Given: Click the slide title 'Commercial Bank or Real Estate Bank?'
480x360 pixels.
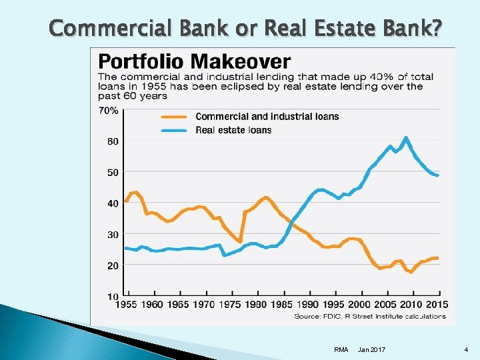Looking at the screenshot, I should click(x=245, y=28).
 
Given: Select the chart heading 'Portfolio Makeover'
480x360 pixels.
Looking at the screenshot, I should click(x=195, y=62).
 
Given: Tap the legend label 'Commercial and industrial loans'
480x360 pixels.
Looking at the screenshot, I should click(x=267, y=117).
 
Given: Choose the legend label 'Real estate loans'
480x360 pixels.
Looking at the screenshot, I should click(x=233, y=130).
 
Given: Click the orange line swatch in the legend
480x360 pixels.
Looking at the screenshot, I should click(x=175, y=117).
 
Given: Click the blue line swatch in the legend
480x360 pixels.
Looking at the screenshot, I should click(x=175, y=130).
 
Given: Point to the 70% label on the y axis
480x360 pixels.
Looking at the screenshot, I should click(x=109, y=110).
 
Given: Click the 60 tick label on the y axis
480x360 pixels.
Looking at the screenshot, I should click(x=113, y=141).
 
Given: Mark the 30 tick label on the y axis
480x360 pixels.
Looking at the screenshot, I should click(x=113, y=234).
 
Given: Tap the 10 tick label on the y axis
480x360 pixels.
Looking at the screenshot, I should click(x=113, y=296).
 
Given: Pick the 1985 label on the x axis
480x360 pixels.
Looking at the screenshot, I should click(x=282, y=305).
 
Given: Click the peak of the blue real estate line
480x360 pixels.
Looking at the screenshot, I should click(x=405, y=138).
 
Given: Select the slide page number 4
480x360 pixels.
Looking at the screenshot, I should click(x=467, y=349).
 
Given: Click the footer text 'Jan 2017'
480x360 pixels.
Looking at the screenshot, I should click(x=371, y=349).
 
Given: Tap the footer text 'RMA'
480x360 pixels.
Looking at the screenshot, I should click(x=341, y=349).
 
